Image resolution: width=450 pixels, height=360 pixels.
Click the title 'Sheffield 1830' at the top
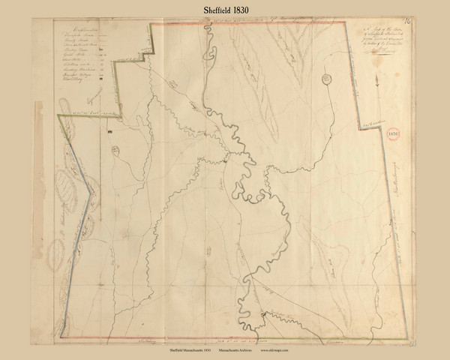point(224,8)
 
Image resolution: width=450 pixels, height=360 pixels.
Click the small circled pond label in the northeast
point(326,77)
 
